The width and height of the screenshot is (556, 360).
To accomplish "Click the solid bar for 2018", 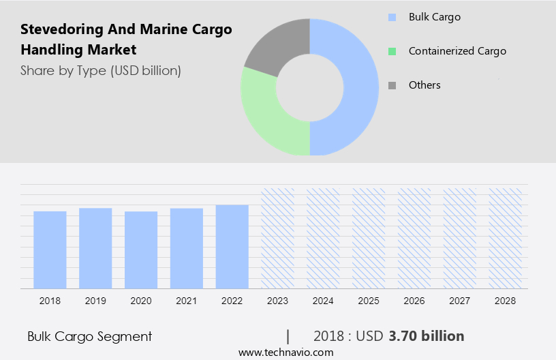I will pyautogui.click(x=50, y=250).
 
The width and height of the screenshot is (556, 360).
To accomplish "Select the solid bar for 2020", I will pyautogui.click(x=141, y=250).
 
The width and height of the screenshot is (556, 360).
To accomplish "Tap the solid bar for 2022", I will pyautogui.click(x=232, y=246).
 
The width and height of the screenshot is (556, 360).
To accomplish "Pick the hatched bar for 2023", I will pyautogui.click(x=277, y=238).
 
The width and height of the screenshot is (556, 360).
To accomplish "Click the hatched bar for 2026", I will pyautogui.click(x=414, y=238).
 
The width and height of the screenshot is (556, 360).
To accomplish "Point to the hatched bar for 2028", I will pyautogui.click(x=505, y=238).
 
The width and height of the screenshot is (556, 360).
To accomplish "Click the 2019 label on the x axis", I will pyautogui.click(x=95, y=301).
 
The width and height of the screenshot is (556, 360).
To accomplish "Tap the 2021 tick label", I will pyautogui.click(x=186, y=301).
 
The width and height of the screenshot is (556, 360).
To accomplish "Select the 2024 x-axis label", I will pyautogui.click(x=323, y=301).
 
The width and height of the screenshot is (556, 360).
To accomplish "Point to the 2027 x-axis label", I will pyautogui.click(x=460, y=301).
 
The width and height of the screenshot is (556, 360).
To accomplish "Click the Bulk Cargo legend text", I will pyautogui.click(x=434, y=16).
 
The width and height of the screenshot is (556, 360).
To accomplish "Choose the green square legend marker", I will pyautogui.click(x=392, y=51).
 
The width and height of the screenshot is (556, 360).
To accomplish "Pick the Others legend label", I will pyautogui.click(x=424, y=85).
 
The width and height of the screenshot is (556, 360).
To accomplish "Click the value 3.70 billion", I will pyautogui.click(x=427, y=336).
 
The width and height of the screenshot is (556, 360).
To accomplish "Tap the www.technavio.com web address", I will pyautogui.click(x=285, y=352).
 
